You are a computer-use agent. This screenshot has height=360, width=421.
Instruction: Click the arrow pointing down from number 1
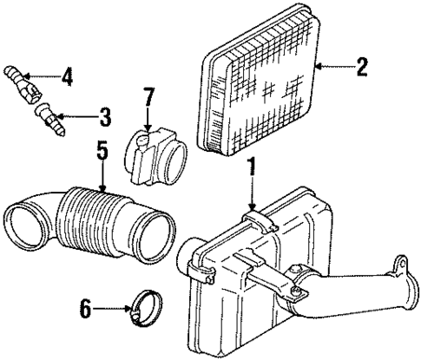tap(252, 191)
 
